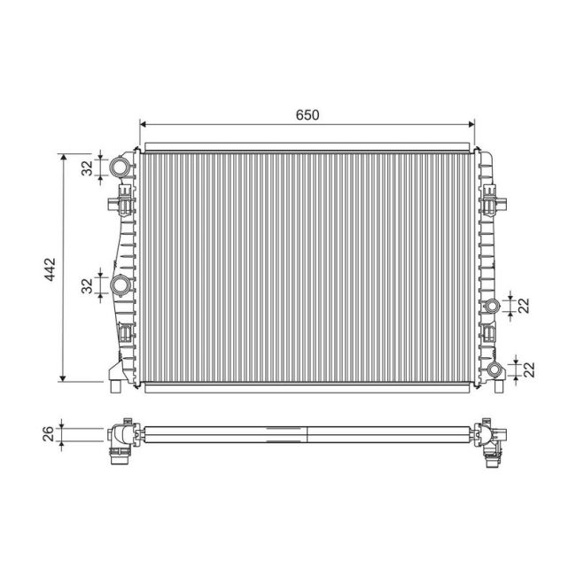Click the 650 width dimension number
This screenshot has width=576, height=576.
pyautogui.click(x=307, y=115)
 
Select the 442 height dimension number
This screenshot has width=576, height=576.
pyautogui.click(x=50, y=268)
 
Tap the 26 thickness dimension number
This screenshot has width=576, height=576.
pyautogui.click(x=49, y=433)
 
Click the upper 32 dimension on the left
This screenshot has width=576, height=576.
pyautogui.click(x=87, y=167)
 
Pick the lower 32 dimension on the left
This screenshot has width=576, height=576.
pyautogui.click(x=87, y=285)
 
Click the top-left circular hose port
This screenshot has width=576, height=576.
pyautogui.click(x=120, y=167)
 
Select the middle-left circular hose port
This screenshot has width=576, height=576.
pyautogui.click(x=121, y=285)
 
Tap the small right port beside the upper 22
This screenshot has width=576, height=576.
pyautogui.click(x=492, y=307)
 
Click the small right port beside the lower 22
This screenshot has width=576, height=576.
pyautogui.click(x=492, y=370)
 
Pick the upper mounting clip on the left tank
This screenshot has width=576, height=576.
pyautogui.click(x=121, y=205)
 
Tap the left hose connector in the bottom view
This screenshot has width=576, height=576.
pyautogui.click(x=119, y=443)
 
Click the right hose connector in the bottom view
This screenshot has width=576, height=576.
pyautogui.click(x=492, y=442)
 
